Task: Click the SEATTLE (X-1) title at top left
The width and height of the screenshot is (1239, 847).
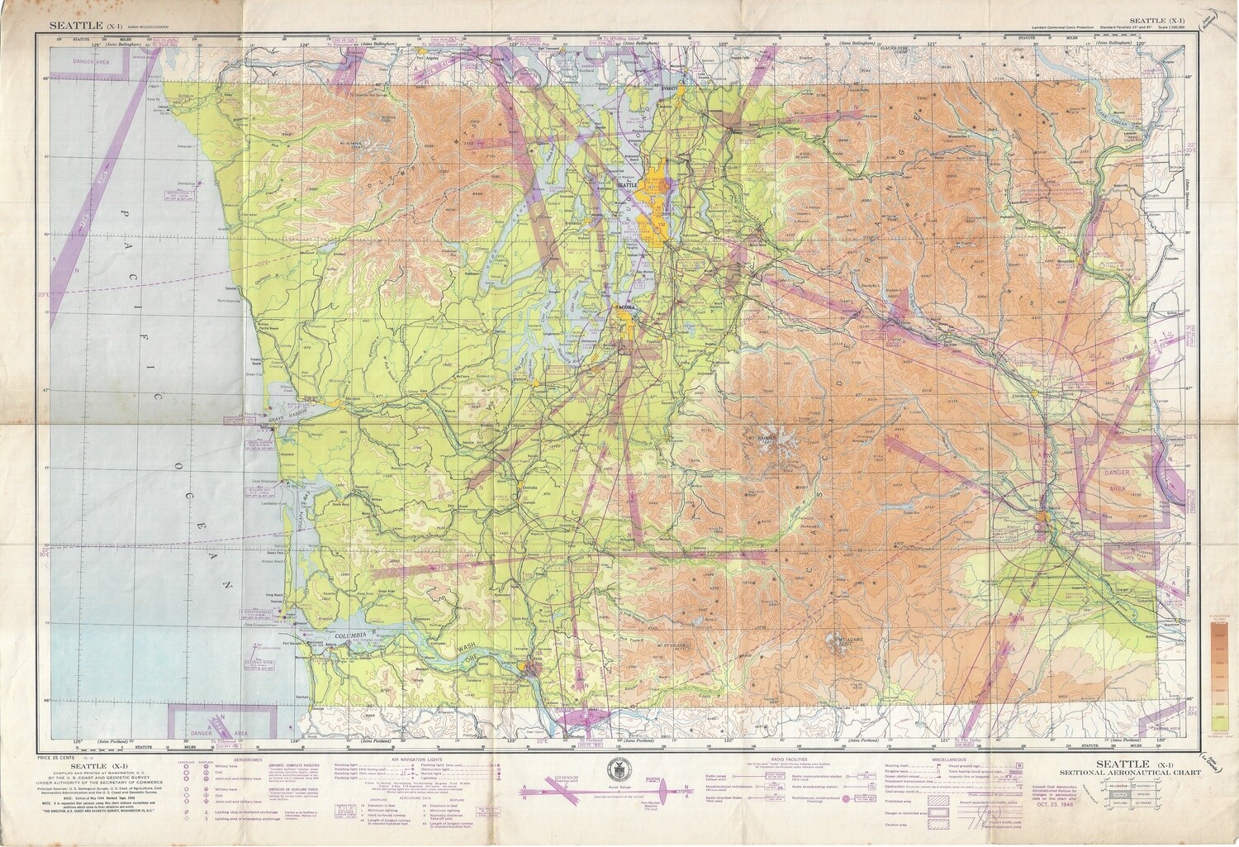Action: (83, 26)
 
